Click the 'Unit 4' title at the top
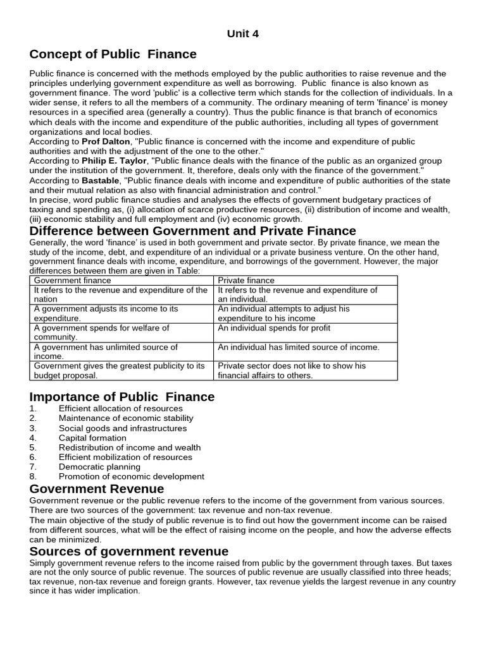click(x=243, y=34)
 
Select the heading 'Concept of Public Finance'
click(x=113, y=54)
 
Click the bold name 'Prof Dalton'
click(x=104, y=142)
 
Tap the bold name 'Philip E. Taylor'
click(x=114, y=161)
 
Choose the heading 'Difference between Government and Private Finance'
click(x=192, y=231)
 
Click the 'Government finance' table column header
click(x=72, y=280)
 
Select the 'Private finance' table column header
click(x=246, y=280)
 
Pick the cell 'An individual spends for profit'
click(x=274, y=329)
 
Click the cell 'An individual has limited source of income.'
click(x=299, y=348)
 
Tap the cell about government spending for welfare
click(x=101, y=332)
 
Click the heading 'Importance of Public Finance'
click(x=122, y=397)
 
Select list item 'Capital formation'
click(x=92, y=438)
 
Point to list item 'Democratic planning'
click(x=99, y=467)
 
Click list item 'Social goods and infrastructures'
click(x=123, y=428)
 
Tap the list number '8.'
click(x=34, y=476)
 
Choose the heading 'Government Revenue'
click(x=97, y=489)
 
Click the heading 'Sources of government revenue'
click(x=129, y=551)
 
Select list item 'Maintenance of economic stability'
click(x=126, y=418)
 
